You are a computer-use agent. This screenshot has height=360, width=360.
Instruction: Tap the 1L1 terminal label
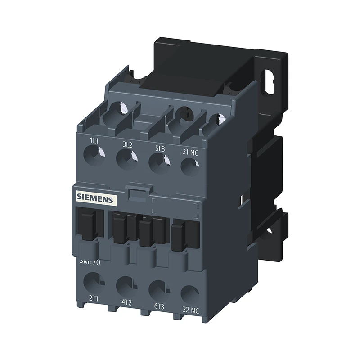(x=94, y=141)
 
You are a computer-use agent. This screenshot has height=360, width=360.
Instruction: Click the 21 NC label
(x=190, y=152)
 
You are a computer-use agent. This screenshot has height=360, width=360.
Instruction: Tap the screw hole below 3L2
(x=126, y=159)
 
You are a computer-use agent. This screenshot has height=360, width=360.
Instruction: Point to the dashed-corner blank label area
(x=175, y=207)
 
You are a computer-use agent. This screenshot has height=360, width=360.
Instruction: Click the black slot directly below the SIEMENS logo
(x=89, y=224)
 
